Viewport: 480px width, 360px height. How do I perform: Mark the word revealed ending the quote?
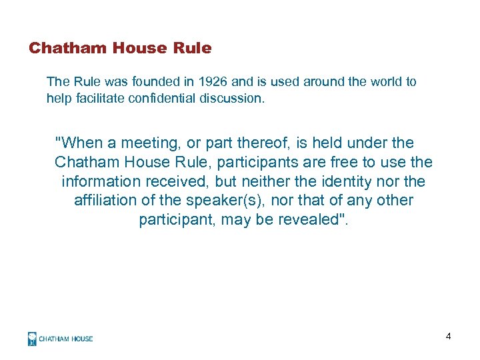(x=308, y=220)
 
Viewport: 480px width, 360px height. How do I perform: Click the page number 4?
(x=449, y=337)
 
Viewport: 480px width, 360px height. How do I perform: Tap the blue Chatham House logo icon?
(x=32, y=339)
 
